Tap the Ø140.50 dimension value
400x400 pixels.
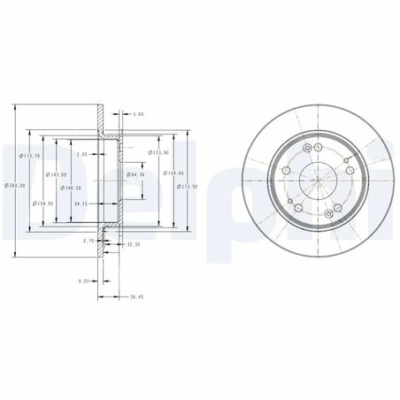pos(72,188)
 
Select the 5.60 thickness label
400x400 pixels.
pos(136,114)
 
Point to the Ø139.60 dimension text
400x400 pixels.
pos(173,173)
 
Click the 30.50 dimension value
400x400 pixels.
pos(134,244)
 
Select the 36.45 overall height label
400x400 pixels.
pos(135,297)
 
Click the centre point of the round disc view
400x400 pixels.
pos(315,181)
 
